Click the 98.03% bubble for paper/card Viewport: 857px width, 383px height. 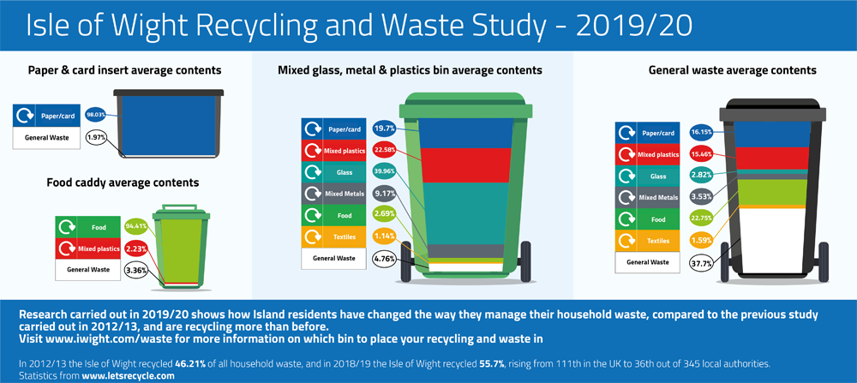(x=95, y=115)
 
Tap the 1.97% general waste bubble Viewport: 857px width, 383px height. (x=96, y=136)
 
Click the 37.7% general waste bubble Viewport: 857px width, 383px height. (x=701, y=263)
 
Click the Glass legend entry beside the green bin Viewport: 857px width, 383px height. (x=333, y=173)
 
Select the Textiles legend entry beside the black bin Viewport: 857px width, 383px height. (x=647, y=241)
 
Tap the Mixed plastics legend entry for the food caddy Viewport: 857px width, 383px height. (x=87, y=248)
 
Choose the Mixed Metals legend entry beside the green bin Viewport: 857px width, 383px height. (x=333, y=194)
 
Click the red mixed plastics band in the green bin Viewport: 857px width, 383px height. (x=466, y=165)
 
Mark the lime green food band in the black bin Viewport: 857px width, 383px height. (x=772, y=192)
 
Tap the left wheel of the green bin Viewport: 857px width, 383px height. (x=405, y=261)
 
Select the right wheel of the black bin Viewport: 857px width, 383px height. (x=823, y=262)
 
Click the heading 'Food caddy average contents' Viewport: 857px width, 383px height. (x=123, y=183)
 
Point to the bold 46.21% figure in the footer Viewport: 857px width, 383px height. (x=190, y=363)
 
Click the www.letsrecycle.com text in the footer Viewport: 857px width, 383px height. (x=128, y=376)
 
